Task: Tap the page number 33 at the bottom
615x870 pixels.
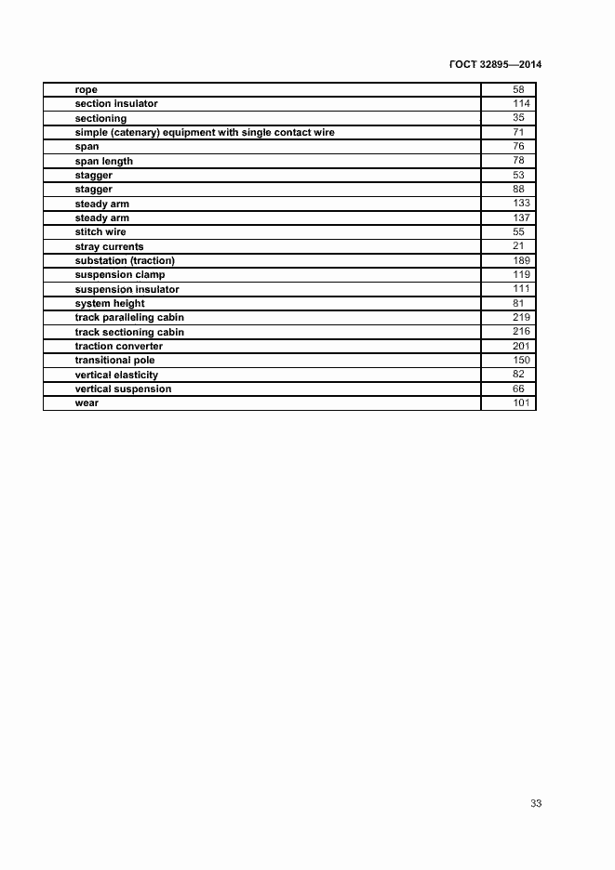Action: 536,803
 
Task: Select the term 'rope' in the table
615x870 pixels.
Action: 87,90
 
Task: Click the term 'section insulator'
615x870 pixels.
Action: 116,104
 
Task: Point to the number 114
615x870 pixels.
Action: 521,104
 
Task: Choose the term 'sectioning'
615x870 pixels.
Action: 100,118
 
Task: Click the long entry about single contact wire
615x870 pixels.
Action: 205,133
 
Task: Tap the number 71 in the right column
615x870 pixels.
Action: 518,133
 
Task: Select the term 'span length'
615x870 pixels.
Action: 104,161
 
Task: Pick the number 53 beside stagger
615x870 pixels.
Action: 518,175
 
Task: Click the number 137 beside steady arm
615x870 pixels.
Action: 521,217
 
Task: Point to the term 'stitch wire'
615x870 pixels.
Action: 100,232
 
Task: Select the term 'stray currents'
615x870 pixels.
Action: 109,246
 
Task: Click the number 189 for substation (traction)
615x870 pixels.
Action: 521,260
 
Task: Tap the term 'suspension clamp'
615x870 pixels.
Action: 120,275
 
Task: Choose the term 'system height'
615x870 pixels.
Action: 110,303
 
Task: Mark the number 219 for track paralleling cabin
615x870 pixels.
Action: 521,317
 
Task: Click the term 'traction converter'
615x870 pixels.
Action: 119,346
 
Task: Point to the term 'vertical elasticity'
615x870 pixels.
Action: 116,375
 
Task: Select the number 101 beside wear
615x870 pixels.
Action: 521,402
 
